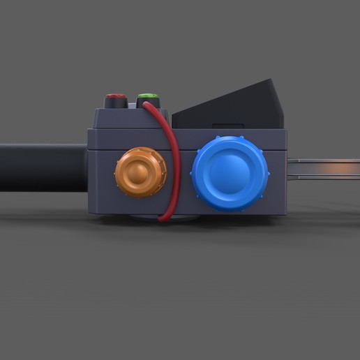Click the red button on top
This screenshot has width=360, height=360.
(x=115, y=96)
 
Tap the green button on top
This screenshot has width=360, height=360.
(x=148, y=96)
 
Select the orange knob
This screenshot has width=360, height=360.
(x=142, y=172)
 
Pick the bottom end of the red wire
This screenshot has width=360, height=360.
(x=162, y=219)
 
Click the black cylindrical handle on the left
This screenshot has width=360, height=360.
(x=42, y=167)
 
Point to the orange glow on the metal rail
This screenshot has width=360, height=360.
(x=342, y=168)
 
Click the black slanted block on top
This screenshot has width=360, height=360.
(x=237, y=105)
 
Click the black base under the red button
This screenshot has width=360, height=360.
(x=115, y=104)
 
